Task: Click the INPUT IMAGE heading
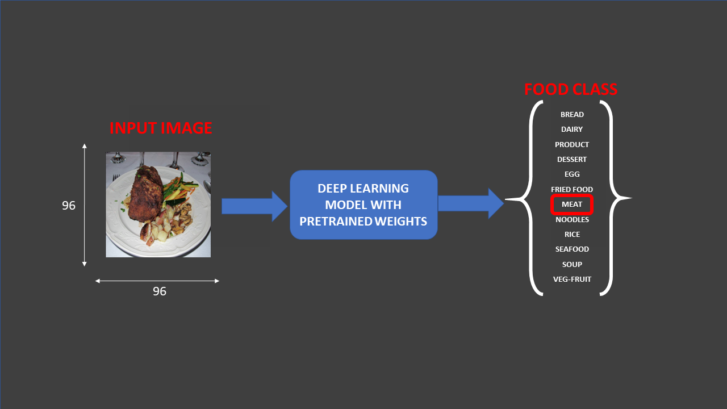(161, 128)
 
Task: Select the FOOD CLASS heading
(570, 90)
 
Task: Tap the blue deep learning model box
(363, 205)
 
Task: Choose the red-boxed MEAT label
(572, 204)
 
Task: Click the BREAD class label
(572, 115)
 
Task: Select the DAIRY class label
(572, 130)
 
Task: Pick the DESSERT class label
(572, 160)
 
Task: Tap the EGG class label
(572, 174)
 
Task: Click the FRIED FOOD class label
(572, 190)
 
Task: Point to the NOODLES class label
(572, 220)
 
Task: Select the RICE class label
(572, 235)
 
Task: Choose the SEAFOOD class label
(572, 249)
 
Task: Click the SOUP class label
(572, 265)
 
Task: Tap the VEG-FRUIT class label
(572, 279)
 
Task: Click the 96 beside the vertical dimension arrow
(69, 206)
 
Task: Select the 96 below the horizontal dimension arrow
(160, 291)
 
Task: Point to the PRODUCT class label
(572, 145)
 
